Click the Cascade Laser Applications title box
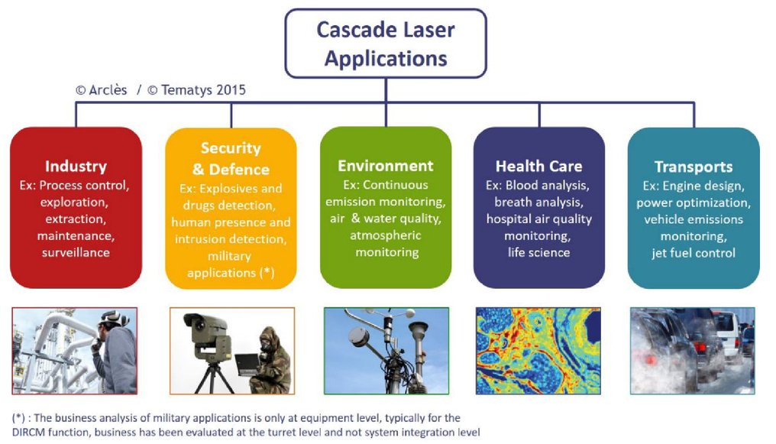click(386, 44)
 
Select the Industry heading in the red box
click(76, 167)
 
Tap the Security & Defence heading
click(231, 158)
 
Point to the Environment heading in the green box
click(386, 166)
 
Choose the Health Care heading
click(539, 167)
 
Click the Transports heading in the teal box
click(694, 167)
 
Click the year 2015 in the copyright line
click(231, 90)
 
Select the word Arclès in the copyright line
click(108, 90)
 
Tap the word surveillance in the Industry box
click(76, 252)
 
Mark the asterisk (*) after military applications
click(267, 273)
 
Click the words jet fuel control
click(694, 253)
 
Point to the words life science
click(539, 252)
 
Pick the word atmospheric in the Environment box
click(386, 235)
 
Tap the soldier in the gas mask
click(270, 361)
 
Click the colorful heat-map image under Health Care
click(538, 351)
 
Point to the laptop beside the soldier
click(247, 365)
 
